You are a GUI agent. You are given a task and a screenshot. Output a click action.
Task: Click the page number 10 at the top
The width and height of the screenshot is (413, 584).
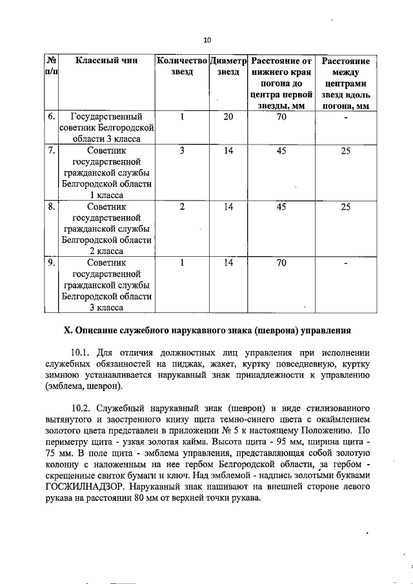click(207, 40)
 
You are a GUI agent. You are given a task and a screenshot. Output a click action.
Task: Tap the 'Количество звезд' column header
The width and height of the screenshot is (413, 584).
click(183, 67)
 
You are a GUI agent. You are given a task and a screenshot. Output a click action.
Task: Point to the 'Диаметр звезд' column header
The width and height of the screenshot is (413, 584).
click(228, 67)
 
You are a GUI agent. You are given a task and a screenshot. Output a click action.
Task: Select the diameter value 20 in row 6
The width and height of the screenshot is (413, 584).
click(228, 117)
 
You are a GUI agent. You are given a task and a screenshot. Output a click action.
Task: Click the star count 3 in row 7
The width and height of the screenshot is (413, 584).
click(183, 151)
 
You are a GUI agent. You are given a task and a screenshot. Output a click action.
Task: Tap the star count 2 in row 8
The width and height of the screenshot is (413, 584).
click(183, 207)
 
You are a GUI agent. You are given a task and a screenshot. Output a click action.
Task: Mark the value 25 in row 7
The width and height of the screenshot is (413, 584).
click(346, 151)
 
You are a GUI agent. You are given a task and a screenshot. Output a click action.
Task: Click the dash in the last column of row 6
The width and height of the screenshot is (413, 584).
click(346, 118)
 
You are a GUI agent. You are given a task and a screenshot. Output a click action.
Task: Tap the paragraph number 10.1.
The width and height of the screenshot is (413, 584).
click(83, 353)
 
